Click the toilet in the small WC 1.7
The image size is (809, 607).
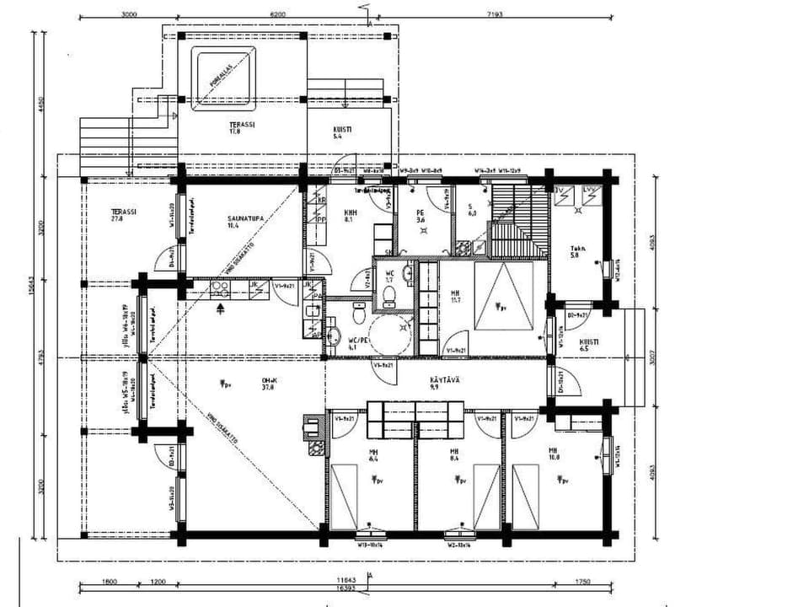point(389,296)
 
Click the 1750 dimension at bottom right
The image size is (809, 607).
point(583,581)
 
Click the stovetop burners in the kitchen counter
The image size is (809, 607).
point(221,287)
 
